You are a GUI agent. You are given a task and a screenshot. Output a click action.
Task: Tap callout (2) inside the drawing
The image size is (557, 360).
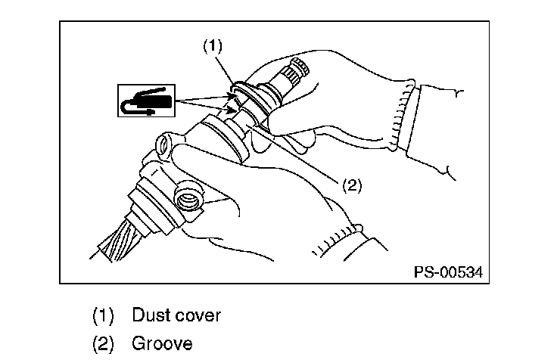(x=352, y=185)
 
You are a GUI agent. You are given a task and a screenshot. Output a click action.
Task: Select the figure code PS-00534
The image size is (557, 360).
(x=448, y=271)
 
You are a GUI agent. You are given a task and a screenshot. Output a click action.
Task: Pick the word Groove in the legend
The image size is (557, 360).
(x=162, y=343)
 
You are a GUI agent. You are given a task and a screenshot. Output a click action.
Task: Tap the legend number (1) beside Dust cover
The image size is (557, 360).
(x=104, y=315)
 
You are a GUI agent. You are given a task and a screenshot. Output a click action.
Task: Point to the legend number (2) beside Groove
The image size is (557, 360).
(x=104, y=343)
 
